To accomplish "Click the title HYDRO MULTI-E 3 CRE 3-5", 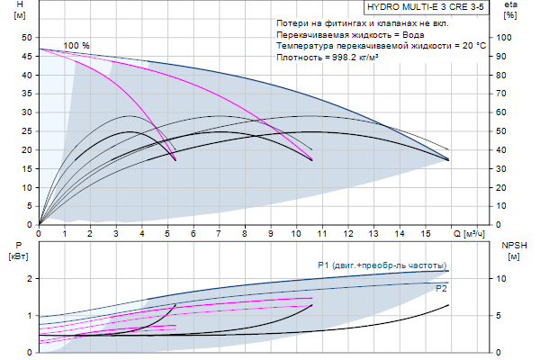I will click(418, 5).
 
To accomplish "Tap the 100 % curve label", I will click(76, 45).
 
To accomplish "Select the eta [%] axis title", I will click(510, 11).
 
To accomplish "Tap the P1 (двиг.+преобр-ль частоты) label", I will click(382, 265).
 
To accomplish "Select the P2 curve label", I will click(441, 289).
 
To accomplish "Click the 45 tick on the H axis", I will click(25, 56).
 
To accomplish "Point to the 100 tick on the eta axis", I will click(506, 38).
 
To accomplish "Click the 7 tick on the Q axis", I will click(219, 234).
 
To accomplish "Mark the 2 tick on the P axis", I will click(29, 279).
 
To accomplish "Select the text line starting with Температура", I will click(381, 45).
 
